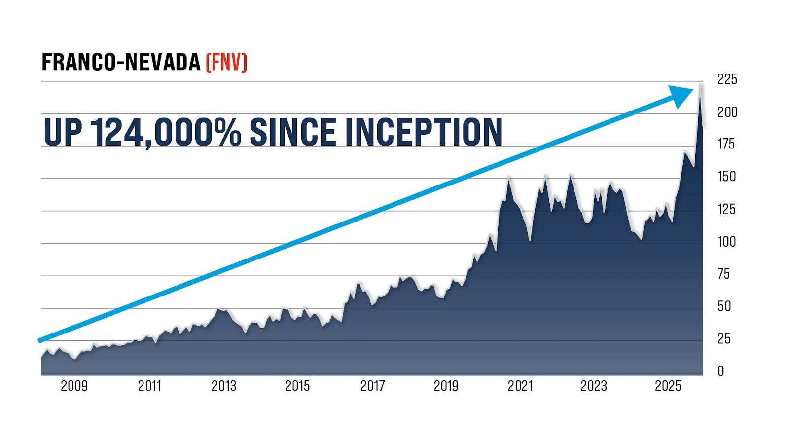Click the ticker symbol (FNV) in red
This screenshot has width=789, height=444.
click(226, 63)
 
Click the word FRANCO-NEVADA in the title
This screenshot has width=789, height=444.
click(121, 63)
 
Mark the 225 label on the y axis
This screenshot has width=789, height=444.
click(727, 79)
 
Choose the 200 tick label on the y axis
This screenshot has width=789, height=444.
click(727, 112)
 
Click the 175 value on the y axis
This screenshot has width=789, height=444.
click(726, 144)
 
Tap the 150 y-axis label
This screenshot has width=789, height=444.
click(726, 177)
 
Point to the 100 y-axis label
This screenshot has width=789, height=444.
click(726, 242)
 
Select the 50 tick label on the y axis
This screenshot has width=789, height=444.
click(724, 306)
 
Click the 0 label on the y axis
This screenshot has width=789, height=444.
click(721, 371)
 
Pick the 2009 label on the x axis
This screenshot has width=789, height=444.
click(74, 386)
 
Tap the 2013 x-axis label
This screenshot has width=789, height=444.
click(224, 386)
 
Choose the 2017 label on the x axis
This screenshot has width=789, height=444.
click(372, 386)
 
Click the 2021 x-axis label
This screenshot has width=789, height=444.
click(520, 386)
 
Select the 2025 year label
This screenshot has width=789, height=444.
click(668, 386)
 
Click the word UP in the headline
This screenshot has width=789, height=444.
click(62, 132)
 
